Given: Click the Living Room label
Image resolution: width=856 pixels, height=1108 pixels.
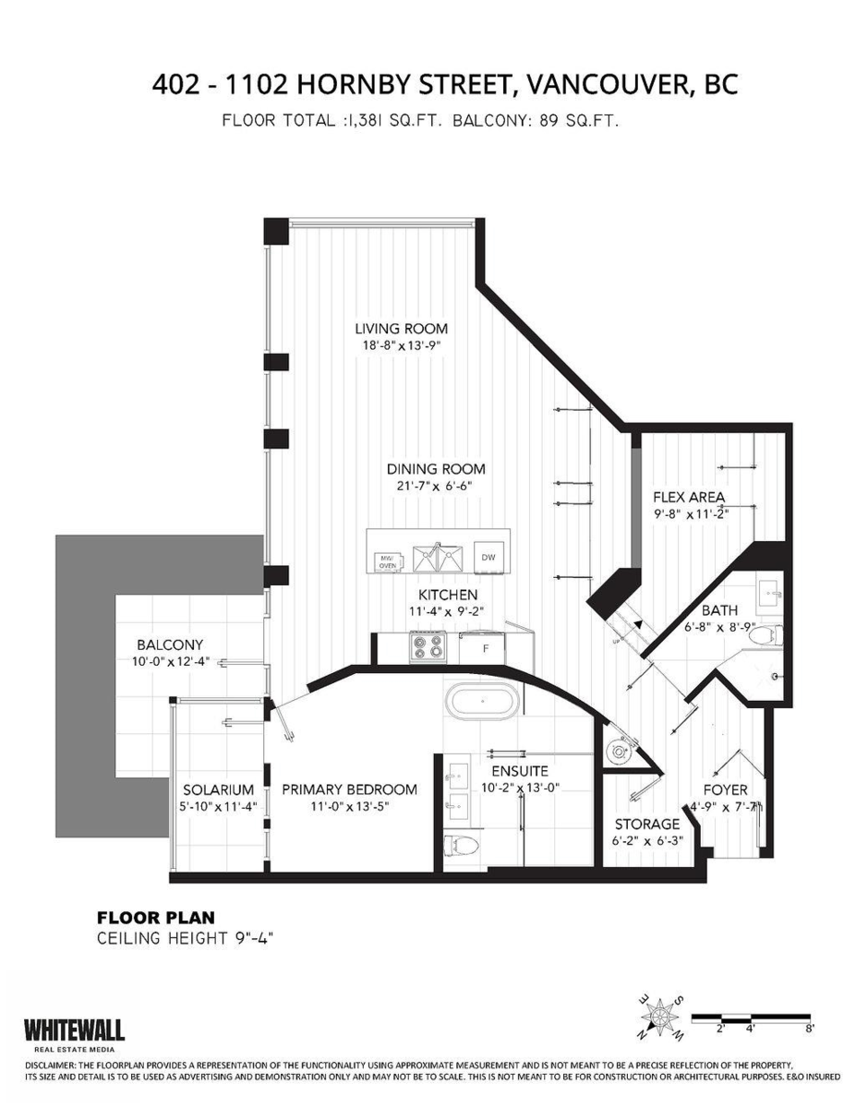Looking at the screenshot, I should tap(402, 329).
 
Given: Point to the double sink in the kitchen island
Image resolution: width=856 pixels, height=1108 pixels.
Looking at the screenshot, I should tap(438, 558).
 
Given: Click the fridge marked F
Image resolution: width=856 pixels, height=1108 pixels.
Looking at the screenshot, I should tap(485, 648).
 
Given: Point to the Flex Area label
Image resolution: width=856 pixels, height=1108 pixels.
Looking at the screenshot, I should tap(689, 498).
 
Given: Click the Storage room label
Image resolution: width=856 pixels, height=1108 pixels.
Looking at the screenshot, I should tap(646, 824).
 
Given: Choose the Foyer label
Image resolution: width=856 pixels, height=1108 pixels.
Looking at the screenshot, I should tap(725, 790).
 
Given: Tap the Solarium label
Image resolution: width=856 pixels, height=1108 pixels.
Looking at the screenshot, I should tap(218, 790).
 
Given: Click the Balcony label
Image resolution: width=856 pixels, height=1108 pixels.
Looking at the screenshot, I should tap(170, 644).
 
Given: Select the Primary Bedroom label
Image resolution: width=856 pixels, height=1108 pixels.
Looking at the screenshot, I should tap(349, 790).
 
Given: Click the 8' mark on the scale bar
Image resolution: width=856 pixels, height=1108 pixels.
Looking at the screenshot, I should tap(809, 1027).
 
